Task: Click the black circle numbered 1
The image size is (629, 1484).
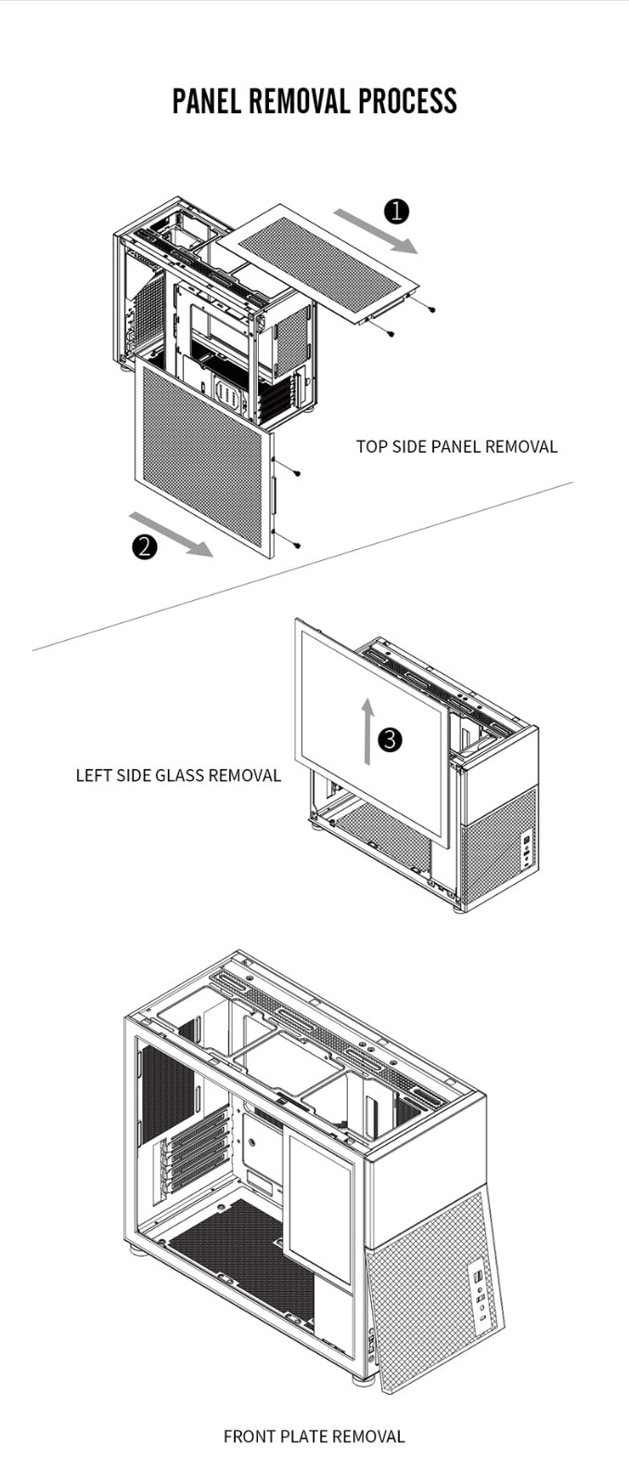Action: (396, 211)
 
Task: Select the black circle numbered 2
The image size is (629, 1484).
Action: (144, 547)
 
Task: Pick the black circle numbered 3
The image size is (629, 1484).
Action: (391, 739)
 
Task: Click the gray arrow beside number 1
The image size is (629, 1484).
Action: (376, 231)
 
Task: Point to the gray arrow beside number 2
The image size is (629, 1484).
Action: (171, 533)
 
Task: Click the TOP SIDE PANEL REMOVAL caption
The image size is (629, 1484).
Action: (456, 446)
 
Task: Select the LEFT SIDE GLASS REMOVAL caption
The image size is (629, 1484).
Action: (178, 775)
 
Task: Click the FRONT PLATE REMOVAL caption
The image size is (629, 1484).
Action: (314, 1437)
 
